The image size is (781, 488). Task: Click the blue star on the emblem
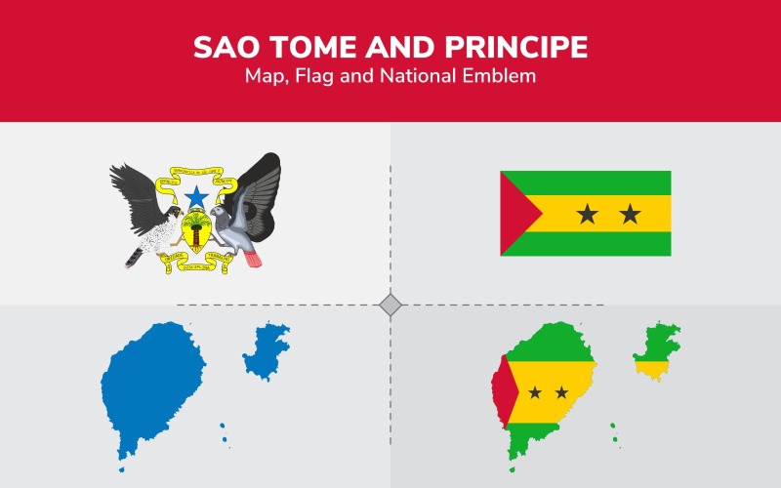coord(197,197)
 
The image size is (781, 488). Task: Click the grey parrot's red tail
coord(253,259)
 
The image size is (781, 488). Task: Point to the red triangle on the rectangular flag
coord(514,214)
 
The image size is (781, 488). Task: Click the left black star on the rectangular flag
coord(587,213)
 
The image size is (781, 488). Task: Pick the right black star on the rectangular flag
coord(630,213)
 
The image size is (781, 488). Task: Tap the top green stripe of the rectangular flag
coord(586,183)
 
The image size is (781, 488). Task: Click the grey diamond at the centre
coord(390,305)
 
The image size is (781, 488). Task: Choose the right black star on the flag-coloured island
coord(561,392)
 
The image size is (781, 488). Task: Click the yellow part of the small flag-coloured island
coord(651,368)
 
